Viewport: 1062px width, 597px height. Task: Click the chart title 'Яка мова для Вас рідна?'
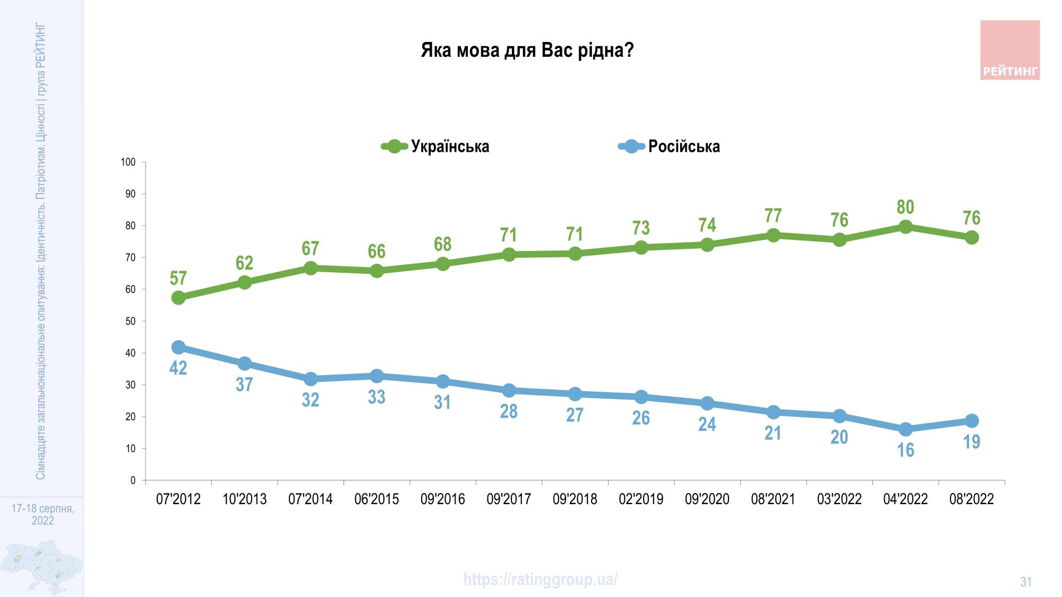pyautogui.click(x=527, y=51)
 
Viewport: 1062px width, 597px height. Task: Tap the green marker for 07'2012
pyautogui.click(x=178, y=298)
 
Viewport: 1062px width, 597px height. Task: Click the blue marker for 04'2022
pyautogui.click(x=905, y=429)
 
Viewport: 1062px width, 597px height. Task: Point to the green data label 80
pyautogui.click(x=905, y=207)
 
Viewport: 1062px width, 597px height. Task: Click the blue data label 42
pyautogui.click(x=178, y=368)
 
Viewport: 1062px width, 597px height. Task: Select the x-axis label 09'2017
pyautogui.click(x=509, y=499)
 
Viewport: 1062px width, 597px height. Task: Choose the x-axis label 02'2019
pyautogui.click(x=641, y=499)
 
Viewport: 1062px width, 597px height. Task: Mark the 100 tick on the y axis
pyautogui.click(x=129, y=162)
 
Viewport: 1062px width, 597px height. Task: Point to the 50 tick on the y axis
pyautogui.click(x=131, y=322)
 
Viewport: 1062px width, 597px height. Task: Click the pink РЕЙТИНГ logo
pyautogui.click(x=1009, y=50)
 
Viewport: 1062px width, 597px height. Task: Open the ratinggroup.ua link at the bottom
pyautogui.click(x=540, y=579)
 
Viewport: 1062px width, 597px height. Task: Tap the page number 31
pyautogui.click(x=1025, y=582)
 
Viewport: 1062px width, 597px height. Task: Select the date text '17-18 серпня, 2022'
pyautogui.click(x=42, y=515)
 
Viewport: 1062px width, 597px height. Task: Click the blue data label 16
pyautogui.click(x=905, y=450)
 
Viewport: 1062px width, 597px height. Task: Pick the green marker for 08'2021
pyautogui.click(x=773, y=235)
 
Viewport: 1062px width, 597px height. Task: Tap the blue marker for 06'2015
pyautogui.click(x=376, y=376)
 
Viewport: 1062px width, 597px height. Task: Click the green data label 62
pyautogui.click(x=244, y=263)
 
